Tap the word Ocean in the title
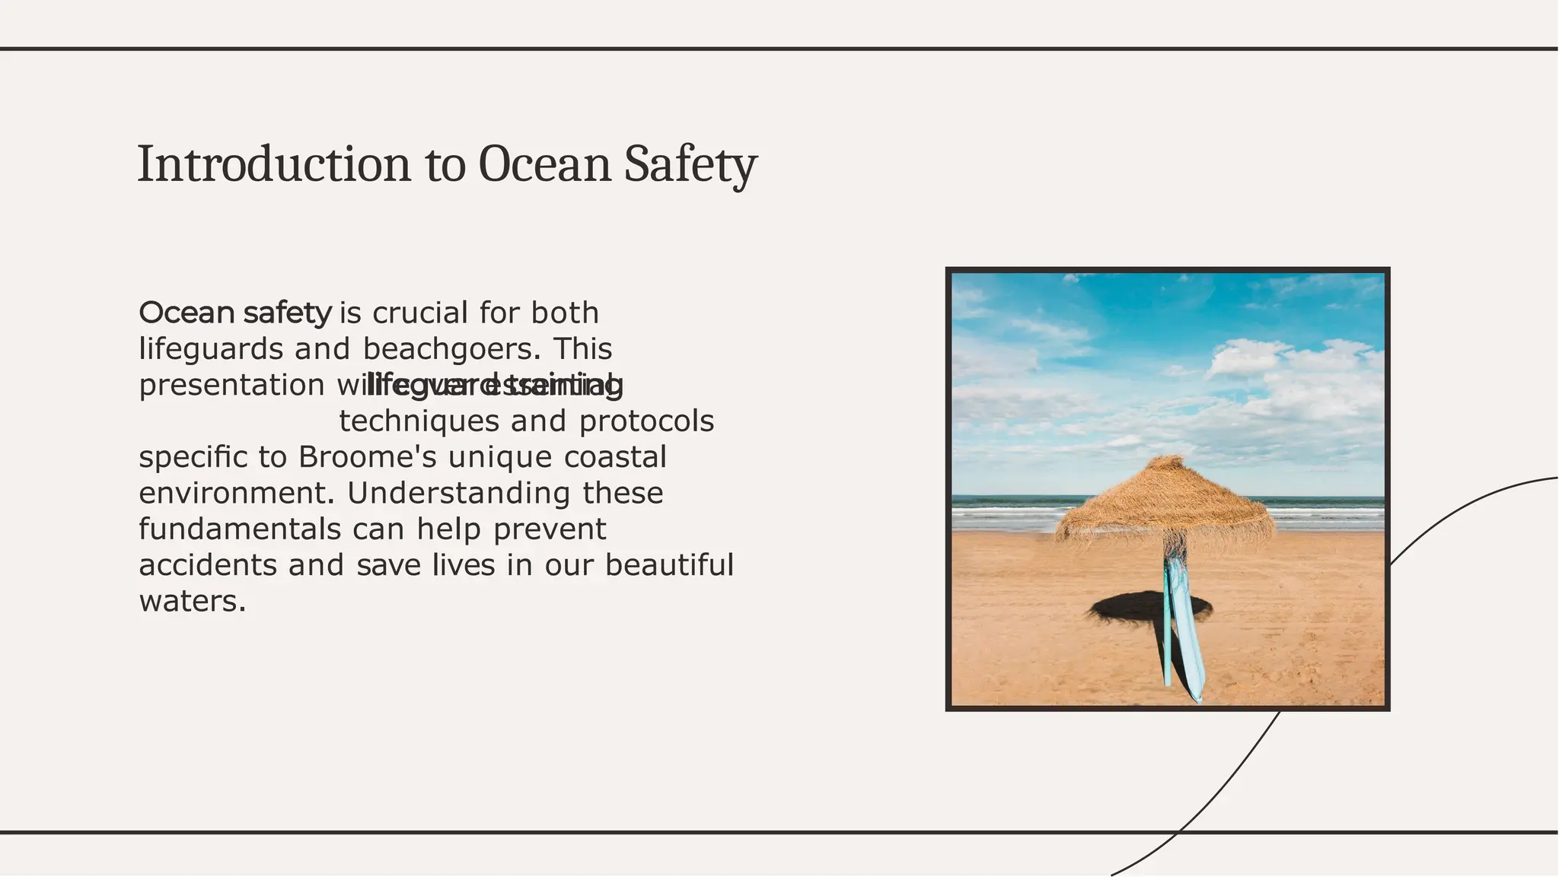(x=544, y=164)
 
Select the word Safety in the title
(x=690, y=164)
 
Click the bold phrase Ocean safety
(x=235, y=313)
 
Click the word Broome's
(x=367, y=457)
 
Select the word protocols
(x=646, y=421)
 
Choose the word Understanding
(x=458, y=493)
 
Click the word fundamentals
(x=240, y=529)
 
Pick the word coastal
(x=615, y=457)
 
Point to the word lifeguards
(x=210, y=349)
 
